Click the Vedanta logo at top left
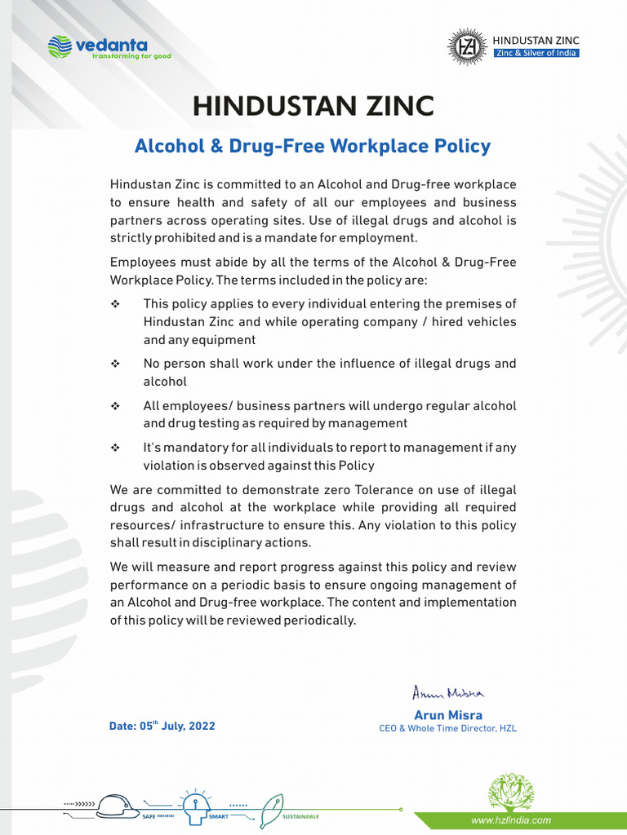pyautogui.click(x=109, y=46)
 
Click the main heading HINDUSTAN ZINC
pyautogui.click(x=313, y=107)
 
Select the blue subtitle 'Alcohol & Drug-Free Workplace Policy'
pyautogui.click(x=313, y=147)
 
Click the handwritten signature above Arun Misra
pyautogui.click(x=448, y=693)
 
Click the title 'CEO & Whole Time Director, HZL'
pyautogui.click(x=448, y=728)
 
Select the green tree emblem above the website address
pyautogui.click(x=511, y=791)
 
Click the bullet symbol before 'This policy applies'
pyautogui.click(x=114, y=304)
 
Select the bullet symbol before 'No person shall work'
pyautogui.click(x=114, y=364)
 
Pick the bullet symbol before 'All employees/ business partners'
pyautogui.click(x=114, y=406)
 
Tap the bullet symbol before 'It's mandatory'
pyautogui.click(x=114, y=448)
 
